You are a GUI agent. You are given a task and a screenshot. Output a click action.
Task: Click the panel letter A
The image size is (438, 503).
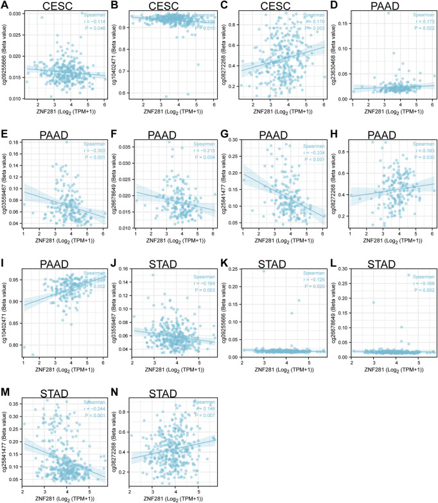[6, 6]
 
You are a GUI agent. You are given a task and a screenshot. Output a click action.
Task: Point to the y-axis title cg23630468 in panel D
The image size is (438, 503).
[339, 56]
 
